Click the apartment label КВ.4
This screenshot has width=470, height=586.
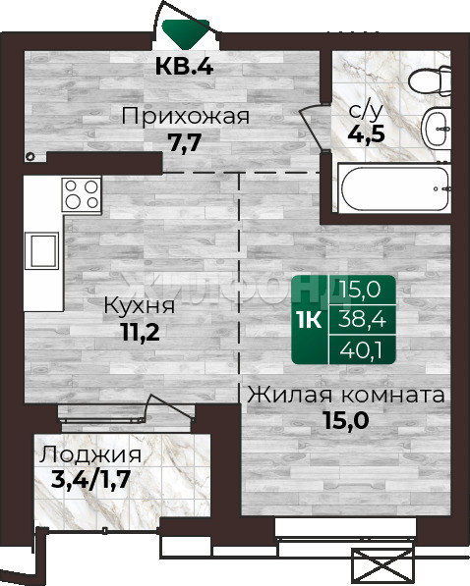click(184, 66)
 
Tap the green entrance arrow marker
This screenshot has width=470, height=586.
click(186, 34)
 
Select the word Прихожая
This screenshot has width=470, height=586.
click(186, 116)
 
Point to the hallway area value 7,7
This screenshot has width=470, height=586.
click(186, 142)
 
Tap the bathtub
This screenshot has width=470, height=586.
click(394, 188)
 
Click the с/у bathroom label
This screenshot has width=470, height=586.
click(366, 111)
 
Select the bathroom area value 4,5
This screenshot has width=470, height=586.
click(366, 133)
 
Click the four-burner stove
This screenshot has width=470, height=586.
click(82, 195)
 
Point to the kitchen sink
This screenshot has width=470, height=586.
click(41, 250)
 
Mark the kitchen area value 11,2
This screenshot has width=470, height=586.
click(141, 332)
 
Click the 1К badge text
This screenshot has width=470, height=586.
click(310, 320)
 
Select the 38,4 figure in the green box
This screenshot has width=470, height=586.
click(362, 320)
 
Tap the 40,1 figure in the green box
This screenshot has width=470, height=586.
click(361, 350)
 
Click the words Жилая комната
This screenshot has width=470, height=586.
click(346, 396)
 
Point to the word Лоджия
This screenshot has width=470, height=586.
click(90, 455)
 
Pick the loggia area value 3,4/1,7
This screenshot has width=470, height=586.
click(90, 480)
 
